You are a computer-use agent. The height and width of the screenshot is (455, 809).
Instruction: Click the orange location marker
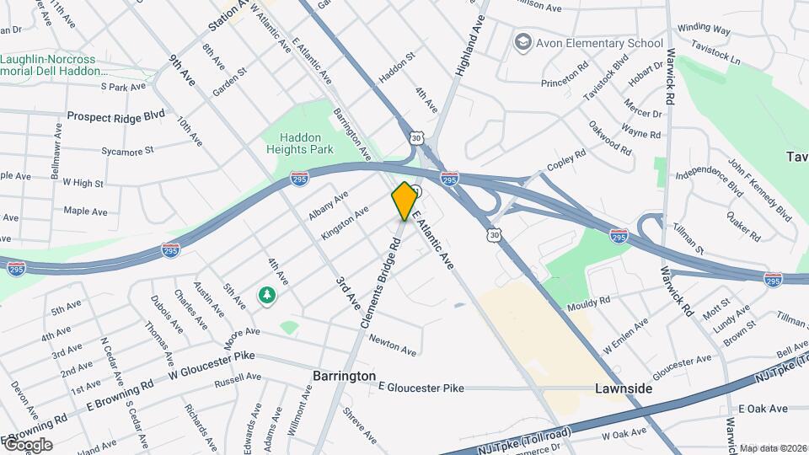[404, 201]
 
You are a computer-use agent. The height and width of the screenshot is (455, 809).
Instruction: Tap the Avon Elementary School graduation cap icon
[522, 42]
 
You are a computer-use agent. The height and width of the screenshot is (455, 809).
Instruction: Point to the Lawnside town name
[624, 388]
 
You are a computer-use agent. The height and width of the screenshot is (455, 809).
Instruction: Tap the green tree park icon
[267, 296]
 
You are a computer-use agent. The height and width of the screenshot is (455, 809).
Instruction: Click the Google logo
[27, 444]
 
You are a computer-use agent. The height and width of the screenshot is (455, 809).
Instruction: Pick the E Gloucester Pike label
[421, 388]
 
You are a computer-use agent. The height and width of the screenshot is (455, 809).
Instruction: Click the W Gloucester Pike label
[212, 365]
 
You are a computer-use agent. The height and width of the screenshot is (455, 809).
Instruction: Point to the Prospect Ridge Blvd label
[115, 115]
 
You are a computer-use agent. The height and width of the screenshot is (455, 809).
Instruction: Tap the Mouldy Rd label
[588, 303]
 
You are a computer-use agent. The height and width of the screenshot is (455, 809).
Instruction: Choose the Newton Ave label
[393, 345]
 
